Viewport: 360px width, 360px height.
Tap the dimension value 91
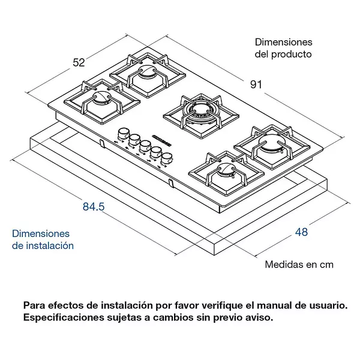pos(256,85)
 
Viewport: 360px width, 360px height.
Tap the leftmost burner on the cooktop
pos(99,105)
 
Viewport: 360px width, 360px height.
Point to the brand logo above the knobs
pos(163,136)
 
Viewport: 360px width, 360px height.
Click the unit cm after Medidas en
pos(326,263)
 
